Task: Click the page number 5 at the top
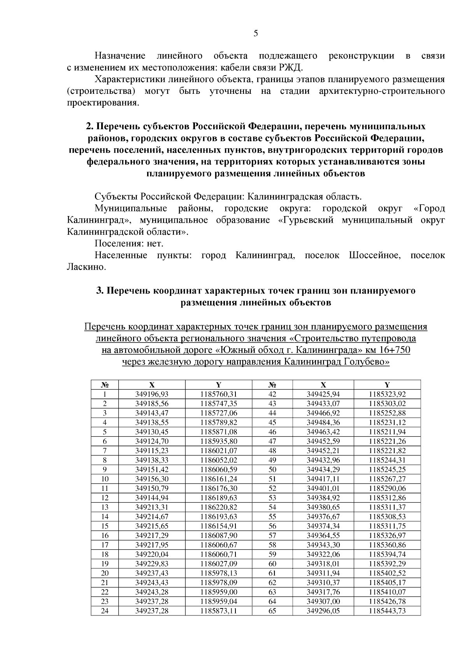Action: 256,33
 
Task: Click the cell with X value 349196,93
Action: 152,394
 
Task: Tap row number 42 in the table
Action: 272,394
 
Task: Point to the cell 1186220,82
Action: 219,508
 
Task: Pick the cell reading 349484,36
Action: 323,423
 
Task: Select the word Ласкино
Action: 86,267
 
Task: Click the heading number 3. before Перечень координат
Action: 100,291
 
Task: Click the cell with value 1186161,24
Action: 219,479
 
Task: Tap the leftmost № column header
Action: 105,385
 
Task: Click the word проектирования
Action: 103,103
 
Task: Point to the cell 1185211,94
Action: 387,432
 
